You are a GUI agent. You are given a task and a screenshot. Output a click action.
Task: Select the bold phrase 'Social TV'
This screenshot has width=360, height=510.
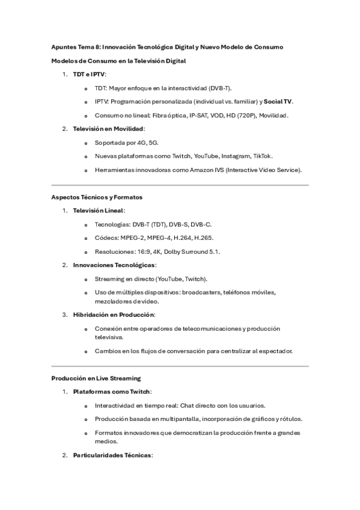tap(278, 101)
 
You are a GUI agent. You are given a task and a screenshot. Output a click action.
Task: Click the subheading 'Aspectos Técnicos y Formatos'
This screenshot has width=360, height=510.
tap(97, 197)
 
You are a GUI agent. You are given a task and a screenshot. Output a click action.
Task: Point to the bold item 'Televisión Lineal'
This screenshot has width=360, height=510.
tap(98, 210)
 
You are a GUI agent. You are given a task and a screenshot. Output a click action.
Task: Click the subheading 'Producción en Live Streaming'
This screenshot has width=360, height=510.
tap(96, 378)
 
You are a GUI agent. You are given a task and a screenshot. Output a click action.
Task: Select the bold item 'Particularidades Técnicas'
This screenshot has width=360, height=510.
tap(112, 455)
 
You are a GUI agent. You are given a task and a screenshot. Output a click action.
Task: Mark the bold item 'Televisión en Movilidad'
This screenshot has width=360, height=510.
tap(108, 129)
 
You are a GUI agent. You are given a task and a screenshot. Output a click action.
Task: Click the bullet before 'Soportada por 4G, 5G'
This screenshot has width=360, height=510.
tap(87, 143)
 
